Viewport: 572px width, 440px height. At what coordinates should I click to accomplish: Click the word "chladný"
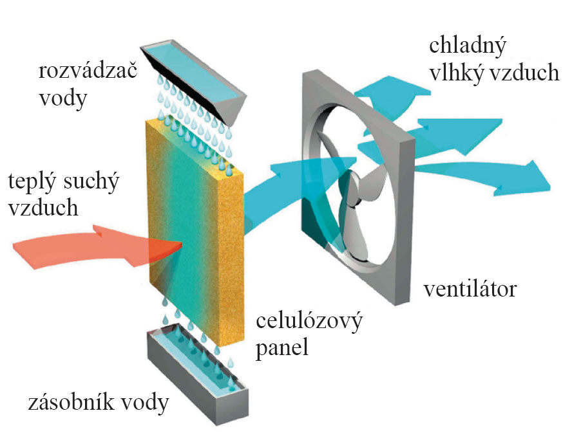(x=468, y=46)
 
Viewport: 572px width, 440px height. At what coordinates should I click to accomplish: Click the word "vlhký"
(x=455, y=73)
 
